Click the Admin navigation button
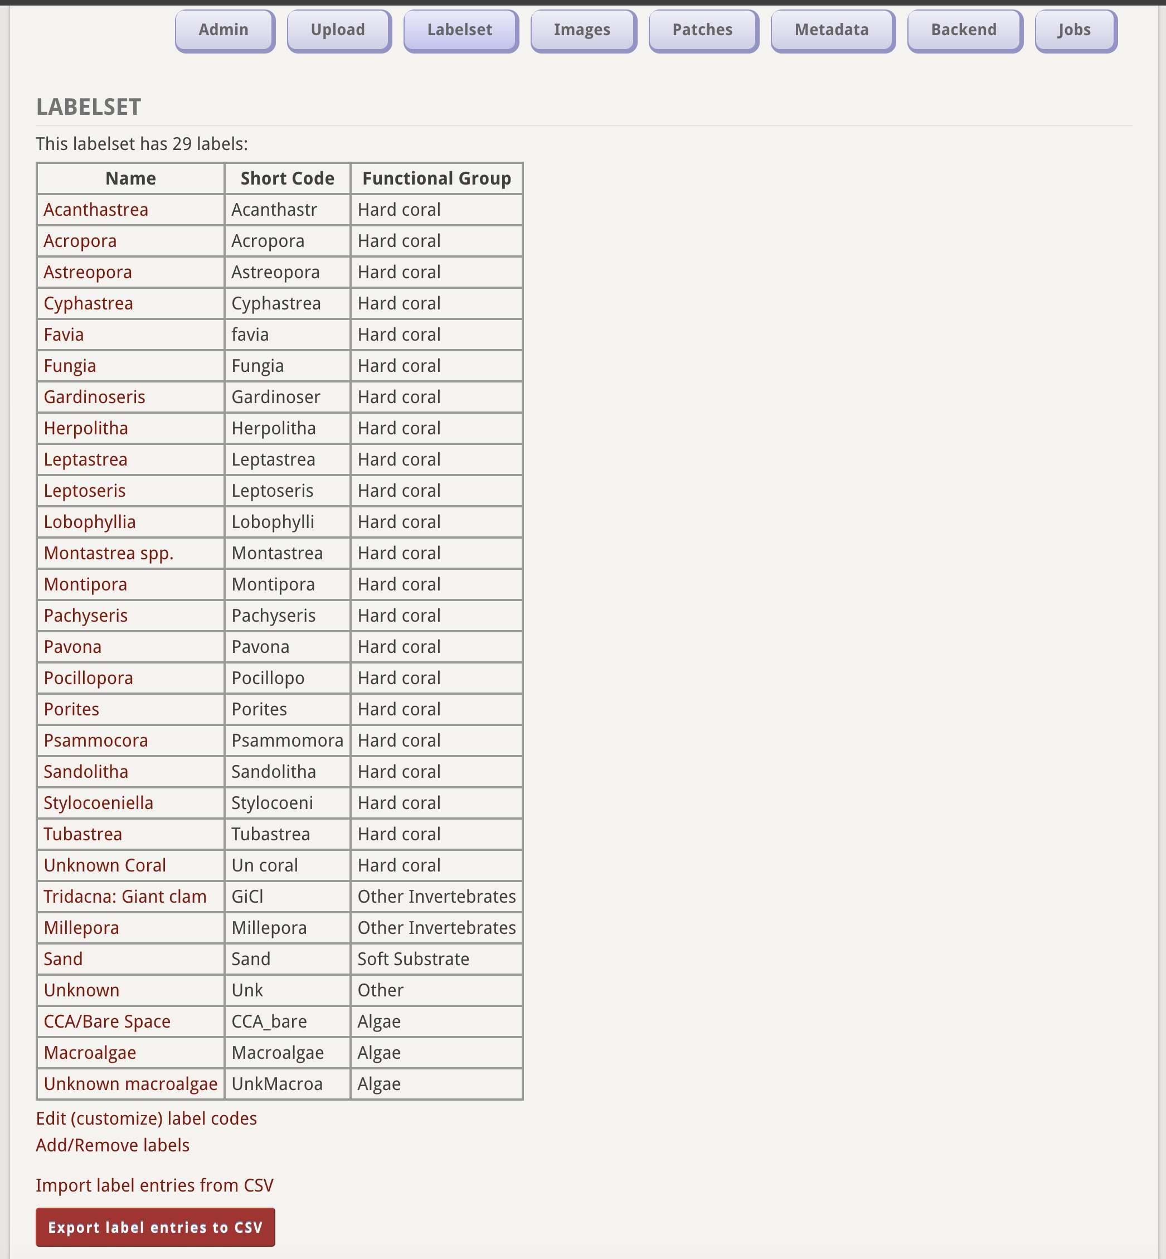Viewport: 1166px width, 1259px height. tap(224, 30)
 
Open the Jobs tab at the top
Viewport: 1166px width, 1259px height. tap(1075, 30)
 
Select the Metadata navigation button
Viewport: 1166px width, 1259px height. tap(832, 30)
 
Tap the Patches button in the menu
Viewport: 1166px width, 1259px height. tap(702, 30)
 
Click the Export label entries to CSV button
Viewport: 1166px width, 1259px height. tap(155, 1227)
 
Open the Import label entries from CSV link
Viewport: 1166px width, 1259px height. tap(154, 1185)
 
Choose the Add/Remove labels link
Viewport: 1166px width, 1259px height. tap(113, 1145)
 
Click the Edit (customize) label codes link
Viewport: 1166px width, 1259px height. tap(147, 1118)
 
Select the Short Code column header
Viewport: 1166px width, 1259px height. tap(287, 178)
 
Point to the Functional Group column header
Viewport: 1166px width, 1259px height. tap(436, 178)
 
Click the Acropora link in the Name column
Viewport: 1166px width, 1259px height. tap(80, 241)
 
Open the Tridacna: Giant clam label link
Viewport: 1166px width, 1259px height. tap(125, 896)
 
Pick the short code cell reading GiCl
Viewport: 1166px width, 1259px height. tap(247, 896)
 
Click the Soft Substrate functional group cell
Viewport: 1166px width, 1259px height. tap(413, 958)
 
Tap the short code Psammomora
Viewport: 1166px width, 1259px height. tap(287, 740)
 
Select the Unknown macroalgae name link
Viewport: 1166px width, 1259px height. tap(130, 1083)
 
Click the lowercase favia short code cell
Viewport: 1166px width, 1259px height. tap(250, 335)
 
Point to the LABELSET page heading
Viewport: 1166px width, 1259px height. tap(88, 107)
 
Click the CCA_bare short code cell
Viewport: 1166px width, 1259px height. tap(269, 1021)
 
